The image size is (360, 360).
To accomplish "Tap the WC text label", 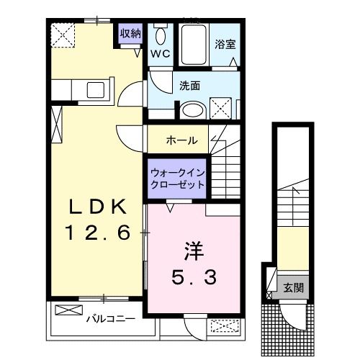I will (x=159, y=53).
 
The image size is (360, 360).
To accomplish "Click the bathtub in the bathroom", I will (x=193, y=45).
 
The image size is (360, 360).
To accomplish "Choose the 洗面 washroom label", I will (x=190, y=86).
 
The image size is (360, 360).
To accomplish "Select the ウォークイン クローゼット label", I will (x=178, y=178).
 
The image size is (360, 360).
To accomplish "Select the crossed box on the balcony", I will (x=69, y=312).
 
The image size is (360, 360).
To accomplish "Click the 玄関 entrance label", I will (x=293, y=288).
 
